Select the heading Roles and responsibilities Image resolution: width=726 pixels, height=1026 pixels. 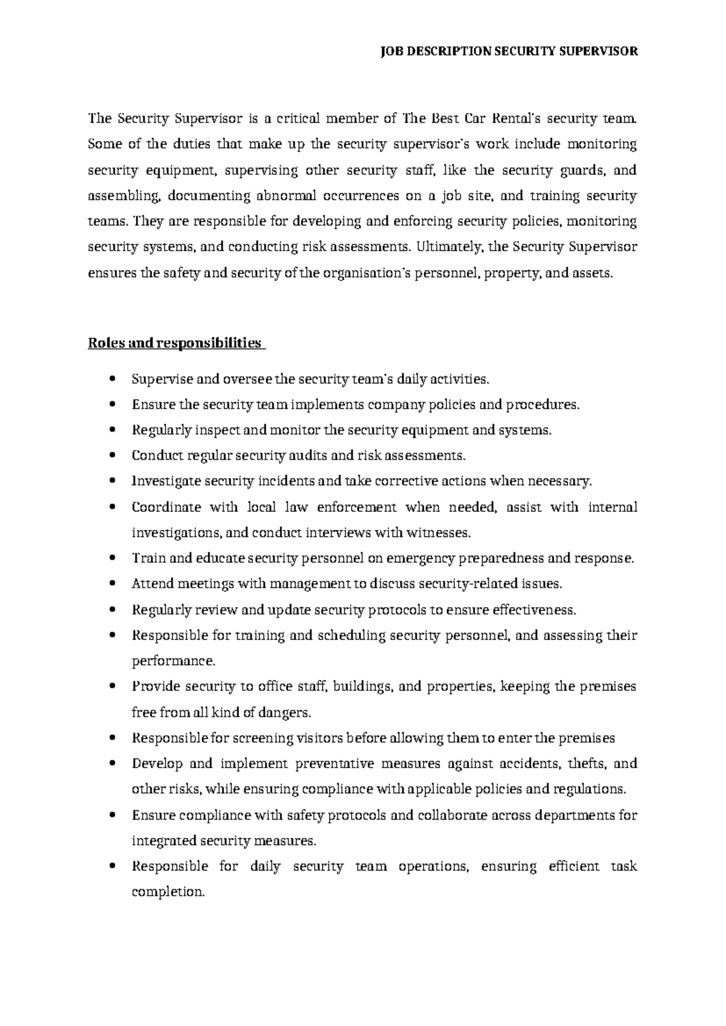[175, 344]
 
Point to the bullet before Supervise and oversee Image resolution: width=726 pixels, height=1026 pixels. [113, 380]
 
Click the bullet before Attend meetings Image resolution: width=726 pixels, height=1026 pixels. [113, 584]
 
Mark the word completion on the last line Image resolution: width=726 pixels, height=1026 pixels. [168, 892]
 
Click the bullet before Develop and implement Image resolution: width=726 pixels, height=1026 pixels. [113, 764]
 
